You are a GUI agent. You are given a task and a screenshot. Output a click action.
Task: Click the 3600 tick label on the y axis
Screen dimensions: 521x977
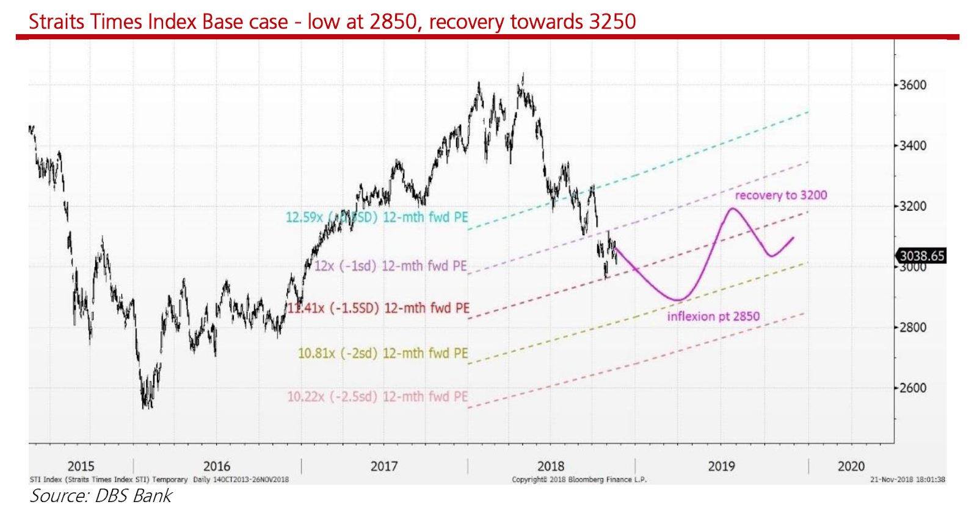click(913, 85)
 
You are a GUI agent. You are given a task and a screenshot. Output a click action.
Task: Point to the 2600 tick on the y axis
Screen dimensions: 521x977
click(913, 388)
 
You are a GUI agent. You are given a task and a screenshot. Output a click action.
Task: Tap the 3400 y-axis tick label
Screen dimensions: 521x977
click(913, 145)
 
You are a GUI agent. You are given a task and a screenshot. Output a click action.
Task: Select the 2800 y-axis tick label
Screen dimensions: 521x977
click(913, 327)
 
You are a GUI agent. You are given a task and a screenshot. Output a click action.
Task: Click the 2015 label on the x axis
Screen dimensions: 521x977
click(81, 466)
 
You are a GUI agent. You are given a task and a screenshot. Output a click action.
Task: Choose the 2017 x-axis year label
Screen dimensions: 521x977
click(384, 466)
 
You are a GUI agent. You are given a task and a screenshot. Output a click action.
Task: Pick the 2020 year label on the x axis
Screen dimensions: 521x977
click(851, 466)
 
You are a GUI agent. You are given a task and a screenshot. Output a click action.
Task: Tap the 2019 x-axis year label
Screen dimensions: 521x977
click(721, 466)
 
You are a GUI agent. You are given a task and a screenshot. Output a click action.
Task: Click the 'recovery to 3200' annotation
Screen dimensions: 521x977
click(780, 195)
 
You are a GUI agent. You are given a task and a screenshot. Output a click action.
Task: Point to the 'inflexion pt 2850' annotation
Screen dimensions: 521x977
click(713, 316)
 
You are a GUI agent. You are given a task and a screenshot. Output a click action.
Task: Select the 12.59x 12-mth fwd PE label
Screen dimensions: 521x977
click(377, 217)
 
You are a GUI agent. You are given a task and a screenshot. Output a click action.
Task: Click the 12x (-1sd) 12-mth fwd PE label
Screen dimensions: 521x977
click(390, 266)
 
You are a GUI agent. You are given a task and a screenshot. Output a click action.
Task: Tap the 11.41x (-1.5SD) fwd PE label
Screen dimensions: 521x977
click(379, 308)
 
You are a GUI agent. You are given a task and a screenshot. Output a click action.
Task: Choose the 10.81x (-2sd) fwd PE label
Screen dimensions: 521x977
click(383, 354)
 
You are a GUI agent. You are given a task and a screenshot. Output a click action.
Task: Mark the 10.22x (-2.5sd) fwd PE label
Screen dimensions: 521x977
click(377, 397)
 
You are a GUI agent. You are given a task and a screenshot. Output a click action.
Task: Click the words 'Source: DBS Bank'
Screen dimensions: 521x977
click(101, 496)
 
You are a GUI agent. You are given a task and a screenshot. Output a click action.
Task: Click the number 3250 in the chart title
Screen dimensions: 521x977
click(612, 22)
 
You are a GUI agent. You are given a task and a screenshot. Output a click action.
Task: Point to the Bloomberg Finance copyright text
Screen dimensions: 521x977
click(579, 479)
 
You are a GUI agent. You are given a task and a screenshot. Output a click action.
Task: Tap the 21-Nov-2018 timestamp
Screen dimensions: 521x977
click(907, 479)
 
